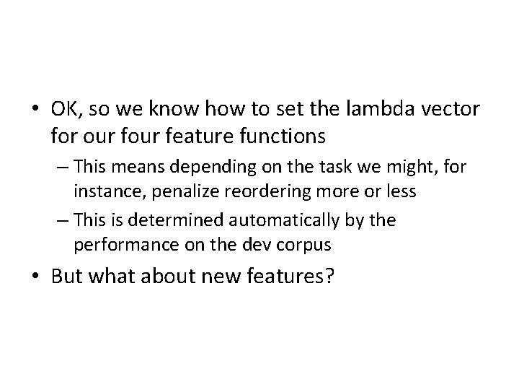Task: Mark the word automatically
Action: pos(278,220)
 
